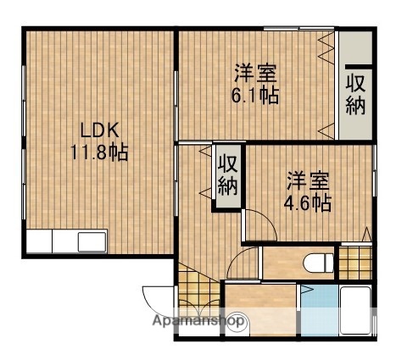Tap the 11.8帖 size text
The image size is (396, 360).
click(100, 155)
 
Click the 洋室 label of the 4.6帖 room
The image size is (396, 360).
click(306, 180)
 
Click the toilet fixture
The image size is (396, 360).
click(321, 262)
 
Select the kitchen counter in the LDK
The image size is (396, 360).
click(64, 241)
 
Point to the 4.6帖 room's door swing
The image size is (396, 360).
click(259, 224)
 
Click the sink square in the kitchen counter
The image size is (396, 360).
click(92, 241)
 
